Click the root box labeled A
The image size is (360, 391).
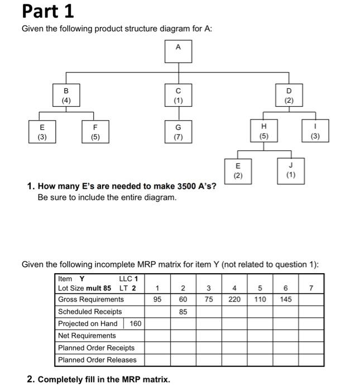[x=178, y=52]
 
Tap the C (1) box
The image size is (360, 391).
[x=178, y=95]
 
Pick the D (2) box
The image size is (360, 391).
[x=289, y=95]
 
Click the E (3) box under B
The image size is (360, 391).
[x=42, y=131]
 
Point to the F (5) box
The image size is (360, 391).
[x=95, y=131]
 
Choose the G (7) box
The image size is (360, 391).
[x=178, y=131]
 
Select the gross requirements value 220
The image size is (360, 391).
[x=234, y=299]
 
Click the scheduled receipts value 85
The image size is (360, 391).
[x=183, y=312]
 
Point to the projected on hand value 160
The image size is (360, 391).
[x=136, y=323]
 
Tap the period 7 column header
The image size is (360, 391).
[x=311, y=288]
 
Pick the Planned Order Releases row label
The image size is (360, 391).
[x=97, y=360]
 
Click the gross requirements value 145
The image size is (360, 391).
[x=286, y=299]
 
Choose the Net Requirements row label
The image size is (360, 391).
[x=87, y=336]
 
